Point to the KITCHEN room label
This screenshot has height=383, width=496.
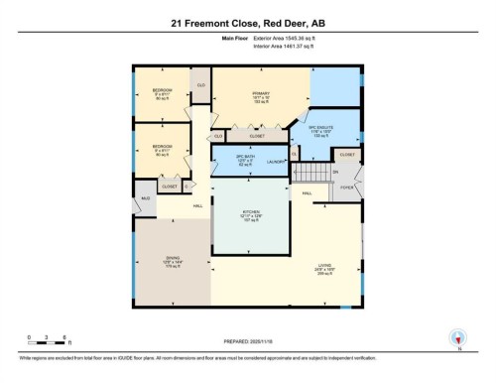pyautogui.click(x=251, y=214)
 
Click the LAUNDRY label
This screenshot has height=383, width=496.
pyautogui.click(x=278, y=161)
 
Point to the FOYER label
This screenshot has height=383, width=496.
pyautogui.click(x=347, y=185)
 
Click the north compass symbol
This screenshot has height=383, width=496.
pyautogui.click(x=457, y=337)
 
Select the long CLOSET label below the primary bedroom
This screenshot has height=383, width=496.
pyautogui.click(x=256, y=137)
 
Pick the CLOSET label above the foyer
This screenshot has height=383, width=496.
pyautogui.click(x=347, y=155)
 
